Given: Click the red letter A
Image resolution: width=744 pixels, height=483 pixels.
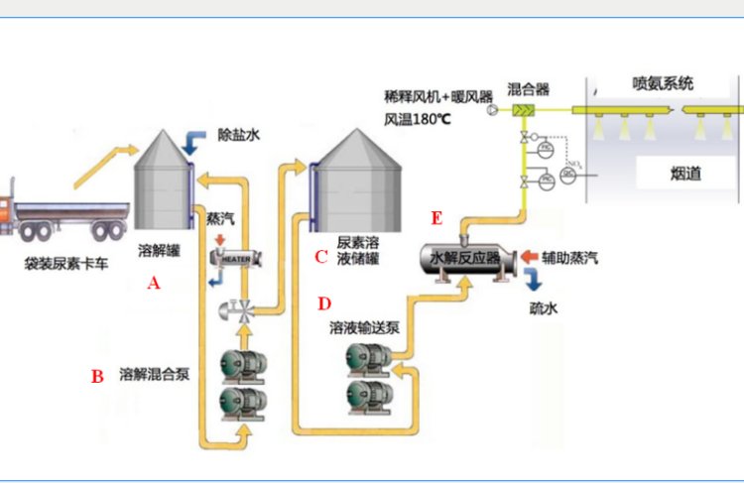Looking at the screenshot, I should [x=153, y=282].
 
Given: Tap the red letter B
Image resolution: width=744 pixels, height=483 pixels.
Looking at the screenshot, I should [x=97, y=376].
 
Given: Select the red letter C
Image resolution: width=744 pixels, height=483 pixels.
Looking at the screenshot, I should [x=320, y=257].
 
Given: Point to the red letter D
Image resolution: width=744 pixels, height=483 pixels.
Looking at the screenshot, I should [x=324, y=302].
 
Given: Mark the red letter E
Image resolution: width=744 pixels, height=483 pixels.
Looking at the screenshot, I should [x=436, y=217].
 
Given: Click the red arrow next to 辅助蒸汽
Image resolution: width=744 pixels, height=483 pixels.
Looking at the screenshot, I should [x=529, y=258].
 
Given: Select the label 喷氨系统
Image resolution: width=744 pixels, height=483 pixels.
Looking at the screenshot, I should [x=663, y=82].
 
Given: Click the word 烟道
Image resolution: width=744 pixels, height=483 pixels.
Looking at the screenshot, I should [x=685, y=173].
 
